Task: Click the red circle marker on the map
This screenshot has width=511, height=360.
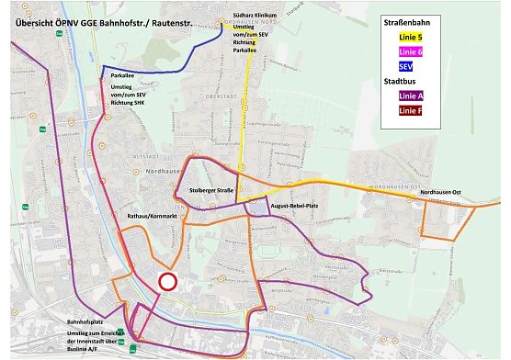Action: [x=167, y=282]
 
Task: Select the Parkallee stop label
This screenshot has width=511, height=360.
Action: [x=123, y=77]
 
